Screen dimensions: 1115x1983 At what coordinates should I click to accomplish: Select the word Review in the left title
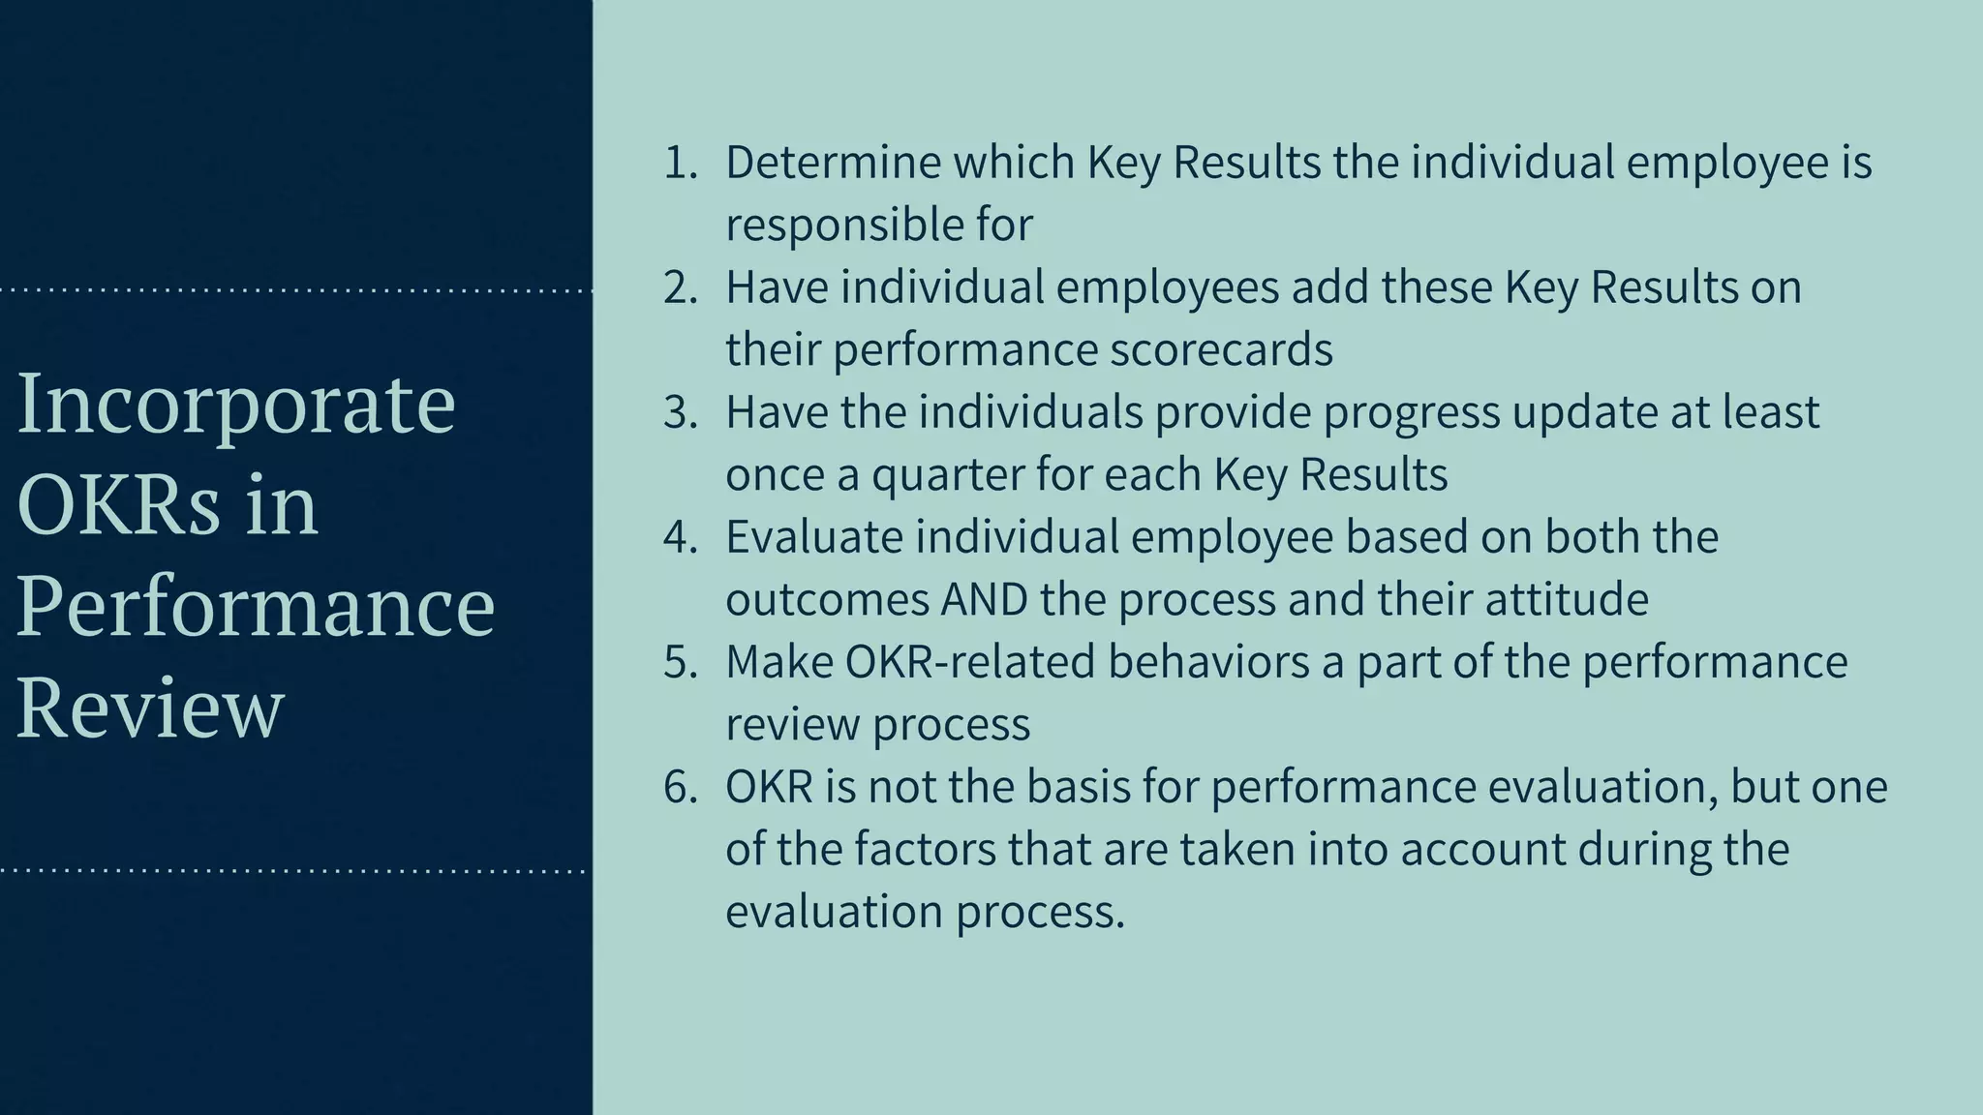point(150,708)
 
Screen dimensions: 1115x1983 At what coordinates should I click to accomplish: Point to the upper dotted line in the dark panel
point(295,290)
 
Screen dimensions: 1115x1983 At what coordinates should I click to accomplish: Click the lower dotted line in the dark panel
point(295,871)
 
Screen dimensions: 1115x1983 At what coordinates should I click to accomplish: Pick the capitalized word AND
point(984,600)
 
